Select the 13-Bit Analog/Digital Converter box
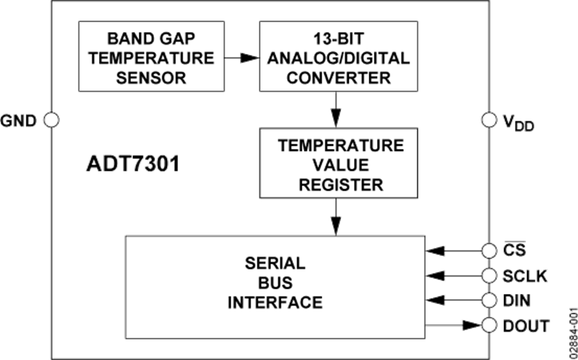tap(338, 58)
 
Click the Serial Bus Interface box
tap(275, 282)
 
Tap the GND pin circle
tap(51, 120)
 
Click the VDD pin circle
tap(489, 120)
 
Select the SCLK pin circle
tap(489, 276)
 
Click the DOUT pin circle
tap(489, 325)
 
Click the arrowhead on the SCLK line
tap(436, 276)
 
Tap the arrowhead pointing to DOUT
tap(474, 325)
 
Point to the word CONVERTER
tap(338, 78)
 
